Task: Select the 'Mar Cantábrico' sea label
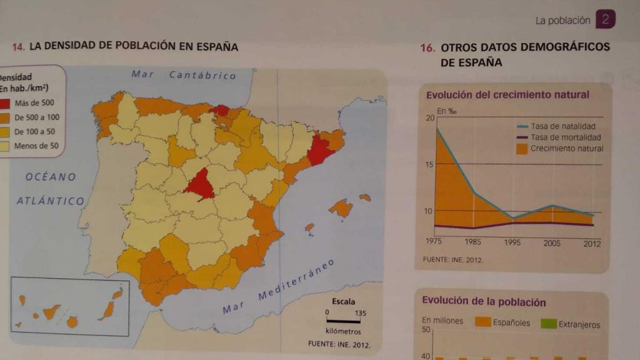pos(184,75)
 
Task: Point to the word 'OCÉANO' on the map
pos(51,177)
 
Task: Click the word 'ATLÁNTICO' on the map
pos(50,201)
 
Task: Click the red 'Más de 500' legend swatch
pos(6,103)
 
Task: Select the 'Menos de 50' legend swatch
pos(6,146)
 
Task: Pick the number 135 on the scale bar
pos(361,313)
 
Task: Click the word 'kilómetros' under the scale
pos(343,331)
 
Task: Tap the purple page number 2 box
pos(605,19)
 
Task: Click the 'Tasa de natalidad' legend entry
pos(562,126)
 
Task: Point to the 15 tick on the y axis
pos(429,164)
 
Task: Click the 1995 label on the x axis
pos(513,242)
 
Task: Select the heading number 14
pos(19,47)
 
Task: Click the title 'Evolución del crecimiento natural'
pos(507,95)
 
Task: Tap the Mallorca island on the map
pos(341,207)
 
